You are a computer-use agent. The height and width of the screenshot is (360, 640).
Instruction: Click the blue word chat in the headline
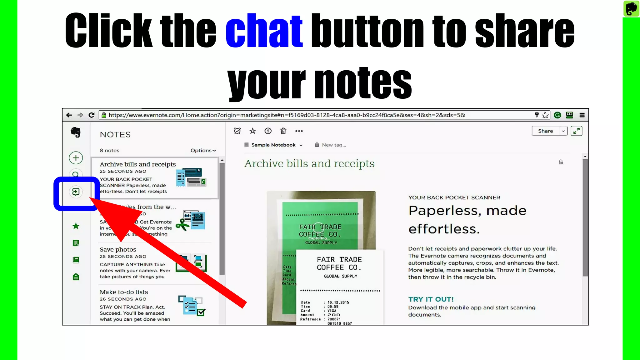pos(264,30)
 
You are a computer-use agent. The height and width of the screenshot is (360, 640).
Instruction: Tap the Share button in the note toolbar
pos(545,131)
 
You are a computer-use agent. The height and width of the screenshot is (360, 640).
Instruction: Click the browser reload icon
pos(91,115)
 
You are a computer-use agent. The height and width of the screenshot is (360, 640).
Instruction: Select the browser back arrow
pos(69,115)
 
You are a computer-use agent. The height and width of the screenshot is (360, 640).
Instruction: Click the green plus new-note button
pos(76,158)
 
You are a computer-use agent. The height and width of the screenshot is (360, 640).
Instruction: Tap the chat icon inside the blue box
pos(76,192)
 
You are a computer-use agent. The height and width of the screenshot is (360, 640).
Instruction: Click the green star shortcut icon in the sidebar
pos(76,226)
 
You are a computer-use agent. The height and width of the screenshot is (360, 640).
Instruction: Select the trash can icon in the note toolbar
pos(283,131)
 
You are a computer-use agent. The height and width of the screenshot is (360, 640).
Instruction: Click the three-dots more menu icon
pos(299,131)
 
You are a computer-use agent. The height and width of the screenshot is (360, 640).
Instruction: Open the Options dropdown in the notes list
pos(203,151)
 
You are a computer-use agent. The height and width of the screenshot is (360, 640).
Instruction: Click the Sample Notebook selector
pos(273,145)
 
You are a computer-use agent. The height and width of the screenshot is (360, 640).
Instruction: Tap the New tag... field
pos(334,145)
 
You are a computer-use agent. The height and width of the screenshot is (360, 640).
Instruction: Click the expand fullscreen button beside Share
pos(577,131)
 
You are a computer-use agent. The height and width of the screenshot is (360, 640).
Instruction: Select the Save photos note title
pos(118,249)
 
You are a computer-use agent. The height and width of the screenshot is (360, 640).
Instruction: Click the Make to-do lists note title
pos(124,292)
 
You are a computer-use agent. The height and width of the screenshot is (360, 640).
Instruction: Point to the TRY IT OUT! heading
pos(431,299)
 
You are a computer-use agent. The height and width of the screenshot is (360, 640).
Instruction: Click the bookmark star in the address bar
pos(545,115)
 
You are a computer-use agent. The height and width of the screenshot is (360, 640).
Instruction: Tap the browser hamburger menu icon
pos(582,115)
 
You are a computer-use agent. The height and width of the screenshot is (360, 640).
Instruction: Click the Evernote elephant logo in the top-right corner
pos(631,8)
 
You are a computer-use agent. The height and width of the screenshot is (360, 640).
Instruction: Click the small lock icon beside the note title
pos(561,162)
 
